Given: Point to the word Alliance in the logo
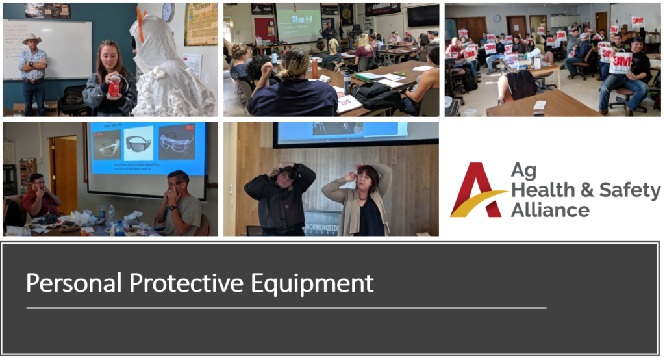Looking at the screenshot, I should click(x=549, y=210).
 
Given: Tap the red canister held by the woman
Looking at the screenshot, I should click(x=114, y=86).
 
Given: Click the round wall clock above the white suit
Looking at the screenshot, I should click(x=168, y=12).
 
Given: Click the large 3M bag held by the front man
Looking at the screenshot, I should click(x=620, y=62).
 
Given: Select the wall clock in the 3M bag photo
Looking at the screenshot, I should click(x=497, y=19).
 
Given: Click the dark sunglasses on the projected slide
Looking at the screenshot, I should click(x=138, y=144).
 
